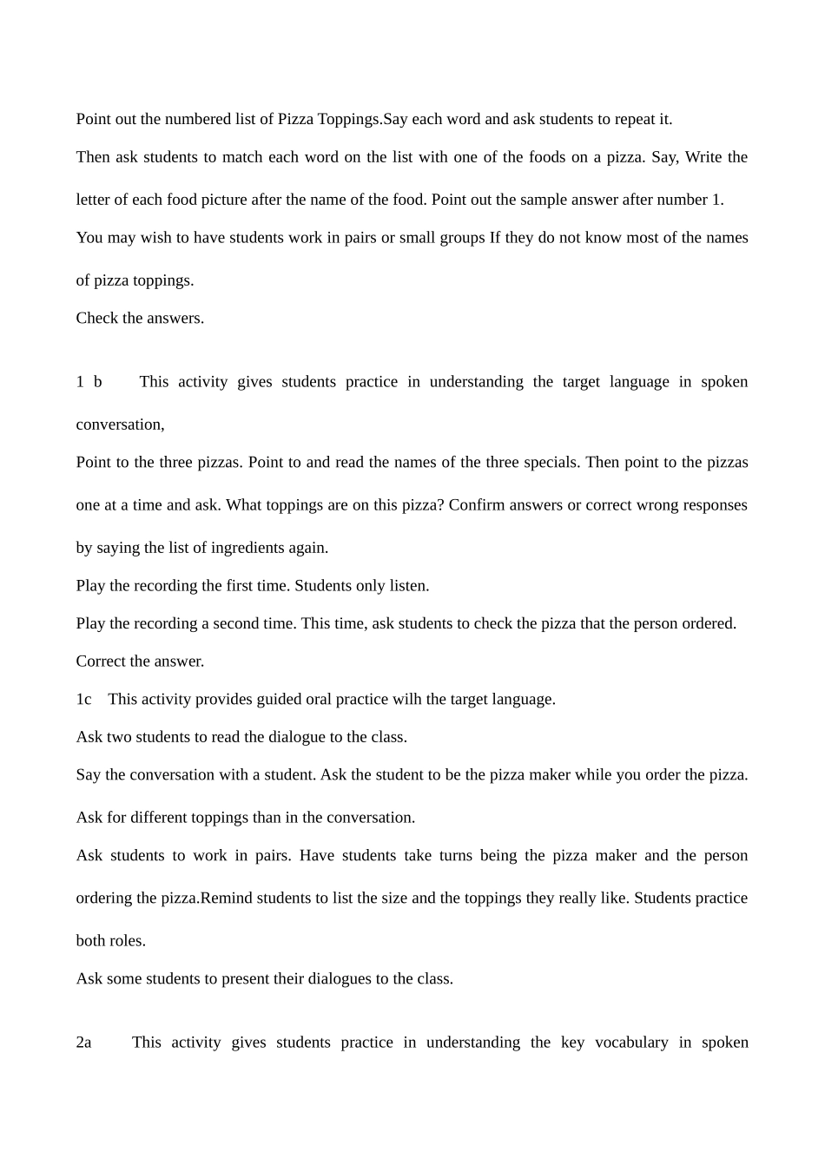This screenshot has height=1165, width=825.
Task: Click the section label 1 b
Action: [89, 382]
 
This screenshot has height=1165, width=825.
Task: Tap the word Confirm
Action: [477, 505]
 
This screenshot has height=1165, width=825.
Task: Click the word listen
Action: [409, 586]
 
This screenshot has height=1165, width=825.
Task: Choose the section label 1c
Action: [83, 700]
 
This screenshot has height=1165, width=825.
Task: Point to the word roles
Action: [127, 941]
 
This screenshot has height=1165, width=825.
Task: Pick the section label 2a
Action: [83, 1043]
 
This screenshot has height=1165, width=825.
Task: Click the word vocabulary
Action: [631, 1043]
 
